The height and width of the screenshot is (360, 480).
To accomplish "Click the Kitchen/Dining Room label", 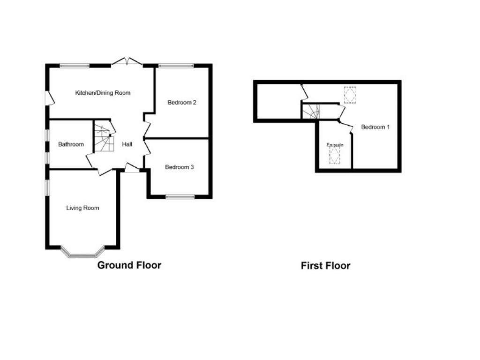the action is [103, 93].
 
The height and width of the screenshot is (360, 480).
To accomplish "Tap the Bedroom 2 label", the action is [182, 102].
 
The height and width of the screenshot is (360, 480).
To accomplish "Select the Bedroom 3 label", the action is [180, 167].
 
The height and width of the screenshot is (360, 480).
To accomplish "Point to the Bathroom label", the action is [71, 144].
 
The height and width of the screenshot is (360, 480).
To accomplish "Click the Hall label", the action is [127, 144].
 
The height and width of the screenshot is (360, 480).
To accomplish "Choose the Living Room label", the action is [82, 208].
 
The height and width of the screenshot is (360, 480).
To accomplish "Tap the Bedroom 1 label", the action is [375, 127].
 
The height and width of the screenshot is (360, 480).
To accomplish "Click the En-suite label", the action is [335, 145].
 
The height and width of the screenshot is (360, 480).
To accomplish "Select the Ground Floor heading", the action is [129, 265].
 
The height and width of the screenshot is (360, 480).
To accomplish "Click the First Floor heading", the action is [325, 266].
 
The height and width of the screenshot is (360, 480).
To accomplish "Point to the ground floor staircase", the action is [104, 139].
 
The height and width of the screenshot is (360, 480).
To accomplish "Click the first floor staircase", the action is [310, 112].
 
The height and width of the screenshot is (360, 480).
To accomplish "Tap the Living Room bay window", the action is [82, 254].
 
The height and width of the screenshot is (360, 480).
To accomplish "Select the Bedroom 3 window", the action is [180, 197].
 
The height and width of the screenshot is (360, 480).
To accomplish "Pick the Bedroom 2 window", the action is [176, 66].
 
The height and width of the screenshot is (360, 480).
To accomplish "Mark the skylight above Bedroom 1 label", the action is [350, 96].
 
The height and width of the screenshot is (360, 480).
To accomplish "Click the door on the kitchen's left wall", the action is [49, 98].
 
